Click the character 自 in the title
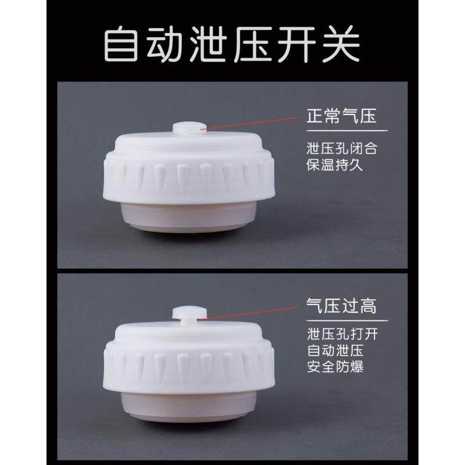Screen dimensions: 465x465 (x=123, y=44)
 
